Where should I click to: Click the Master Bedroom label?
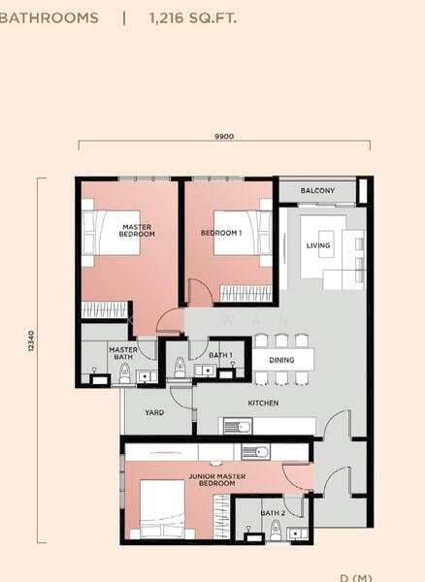[x=137, y=231]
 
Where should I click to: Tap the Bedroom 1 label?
[x=221, y=233]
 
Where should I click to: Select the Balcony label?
[x=317, y=190]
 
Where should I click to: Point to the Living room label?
[x=318, y=245]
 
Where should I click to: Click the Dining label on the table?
[x=281, y=360]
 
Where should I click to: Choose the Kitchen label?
[x=263, y=404]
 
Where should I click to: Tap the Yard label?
[x=154, y=412]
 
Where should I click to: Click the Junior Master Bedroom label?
[x=217, y=479]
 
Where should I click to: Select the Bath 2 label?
[x=273, y=513]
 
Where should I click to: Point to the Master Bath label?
[x=123, y=353]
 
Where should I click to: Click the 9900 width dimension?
[x=224, y=137]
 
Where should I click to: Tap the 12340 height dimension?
[x=31, y=340]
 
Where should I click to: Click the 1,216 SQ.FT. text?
[x=193, y=17]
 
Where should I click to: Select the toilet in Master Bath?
[x=125, y=373]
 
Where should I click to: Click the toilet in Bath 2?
[x=276, y=530]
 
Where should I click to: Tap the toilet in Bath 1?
[x=180, y=368]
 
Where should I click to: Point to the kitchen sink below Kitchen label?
[x=238, y=426]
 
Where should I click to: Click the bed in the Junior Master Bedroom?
[x=162, y=509]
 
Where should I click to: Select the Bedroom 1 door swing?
[x=201, y=293]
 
